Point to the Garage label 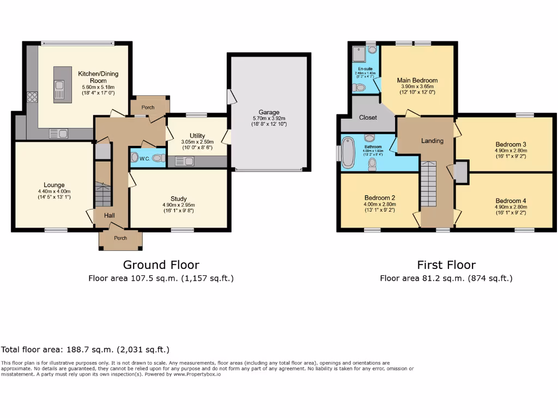269,113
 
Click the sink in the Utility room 181,161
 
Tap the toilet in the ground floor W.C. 158,158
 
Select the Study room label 178,199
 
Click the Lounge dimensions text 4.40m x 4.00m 54,192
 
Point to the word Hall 110,216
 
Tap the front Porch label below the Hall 120,238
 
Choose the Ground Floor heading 161,265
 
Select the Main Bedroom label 417,81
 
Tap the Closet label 368,118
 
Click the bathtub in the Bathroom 347,150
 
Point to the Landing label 432,140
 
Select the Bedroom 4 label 511,201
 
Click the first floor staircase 429,185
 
